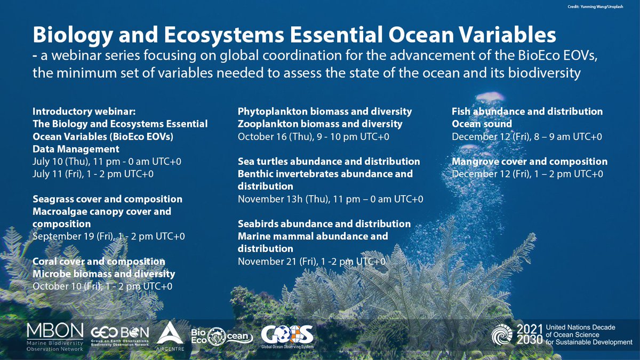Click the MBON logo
[x=55, y=336]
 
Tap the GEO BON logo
[x=120, y=336]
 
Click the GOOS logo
[x=287, y=336]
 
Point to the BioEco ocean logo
[x=220, y=337]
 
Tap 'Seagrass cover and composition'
[x=107, y=199]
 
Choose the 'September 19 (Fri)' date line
[x=109, y=236]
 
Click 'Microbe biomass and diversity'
[x=103, y=274]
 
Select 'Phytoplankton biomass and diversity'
[x=324, y=111]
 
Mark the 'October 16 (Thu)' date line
[x=313, y=137]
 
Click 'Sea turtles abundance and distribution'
[x=329, y=161]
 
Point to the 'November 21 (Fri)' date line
[x=311, y=261]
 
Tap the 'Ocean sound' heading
[x=482, y=124]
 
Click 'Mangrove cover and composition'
[x=529, y=161]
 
